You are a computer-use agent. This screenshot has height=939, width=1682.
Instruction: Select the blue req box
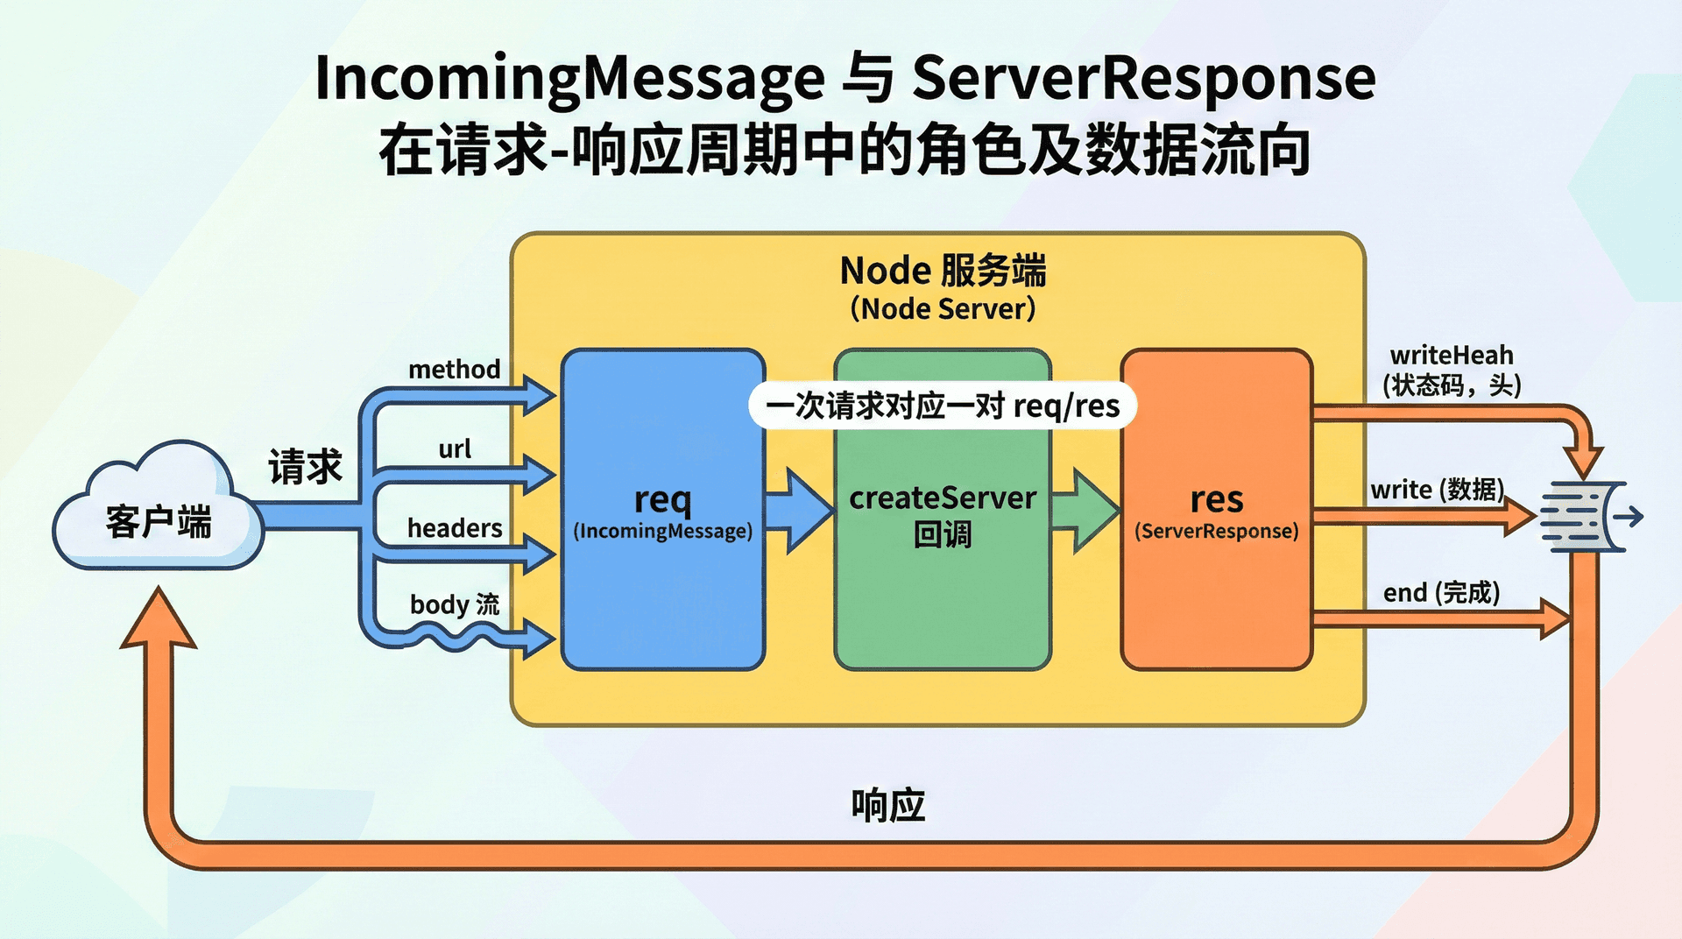(x=663, y=510)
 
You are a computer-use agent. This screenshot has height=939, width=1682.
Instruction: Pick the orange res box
(x=1217, y=510)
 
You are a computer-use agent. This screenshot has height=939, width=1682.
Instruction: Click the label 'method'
(x=455, y=370)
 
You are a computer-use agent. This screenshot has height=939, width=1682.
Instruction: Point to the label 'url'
(x=455, y=448)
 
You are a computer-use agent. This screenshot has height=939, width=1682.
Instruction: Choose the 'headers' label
(x=455, y=528)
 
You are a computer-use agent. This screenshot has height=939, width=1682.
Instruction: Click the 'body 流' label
(x=455, y=604)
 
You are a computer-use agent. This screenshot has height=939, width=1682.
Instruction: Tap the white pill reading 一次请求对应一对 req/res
(x=943, y=406)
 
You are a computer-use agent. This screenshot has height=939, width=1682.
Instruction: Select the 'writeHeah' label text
(x=1452, y=356)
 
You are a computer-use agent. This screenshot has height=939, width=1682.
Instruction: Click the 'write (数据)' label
(x=1438, y=490)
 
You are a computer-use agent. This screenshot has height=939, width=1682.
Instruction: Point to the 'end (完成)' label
(x=1442, y=593)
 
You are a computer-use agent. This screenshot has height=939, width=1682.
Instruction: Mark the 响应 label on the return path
(x=888, y=805)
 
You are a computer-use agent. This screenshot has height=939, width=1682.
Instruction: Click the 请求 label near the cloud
(x=305, y=466)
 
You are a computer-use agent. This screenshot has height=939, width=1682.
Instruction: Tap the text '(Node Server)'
(x=943, y=308)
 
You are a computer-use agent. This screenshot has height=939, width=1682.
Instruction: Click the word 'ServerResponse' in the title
(x=1144, y=79)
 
